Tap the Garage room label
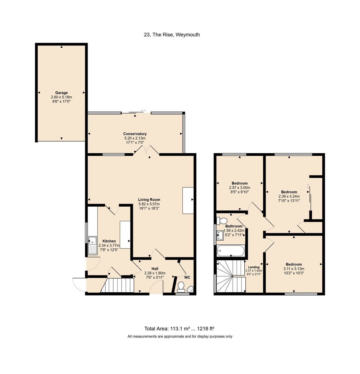coord(61,93)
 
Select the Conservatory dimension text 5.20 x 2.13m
coord(135,138)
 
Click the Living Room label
coord(149,200)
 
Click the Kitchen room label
coord(109,241)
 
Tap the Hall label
coord(155,269)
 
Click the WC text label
coord(187,277)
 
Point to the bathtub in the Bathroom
coord(231,250)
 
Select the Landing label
coord(254,267)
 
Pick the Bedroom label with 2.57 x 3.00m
coord(239,183)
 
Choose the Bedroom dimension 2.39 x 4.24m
coord(289,196)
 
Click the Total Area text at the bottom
coord(180,328)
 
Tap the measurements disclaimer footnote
coord(180,337)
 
